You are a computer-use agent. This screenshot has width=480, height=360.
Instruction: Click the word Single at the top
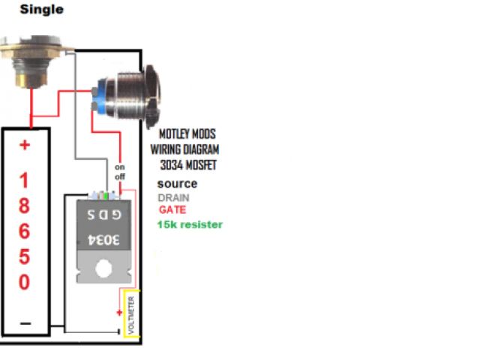pos(41,10)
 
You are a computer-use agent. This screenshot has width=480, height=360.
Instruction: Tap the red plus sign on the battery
pos(25,145)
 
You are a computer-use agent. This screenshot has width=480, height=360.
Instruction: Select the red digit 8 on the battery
pos(24,206)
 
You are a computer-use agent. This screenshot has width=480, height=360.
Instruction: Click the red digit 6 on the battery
pos(24,232)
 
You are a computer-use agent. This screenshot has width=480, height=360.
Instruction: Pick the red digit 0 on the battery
pos(24,283)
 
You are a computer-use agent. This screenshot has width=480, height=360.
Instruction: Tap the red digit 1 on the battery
pos(24,181)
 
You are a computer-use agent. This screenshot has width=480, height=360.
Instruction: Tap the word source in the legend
pos(177,184)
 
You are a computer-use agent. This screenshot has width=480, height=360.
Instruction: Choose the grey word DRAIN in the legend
pos(173,197)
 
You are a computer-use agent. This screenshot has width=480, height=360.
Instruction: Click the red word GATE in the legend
pos(172,210)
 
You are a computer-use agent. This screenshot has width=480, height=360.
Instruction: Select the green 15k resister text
pos(190,224)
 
